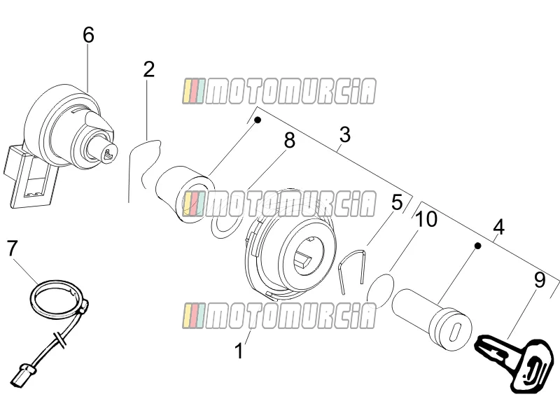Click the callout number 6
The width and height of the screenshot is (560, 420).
(x=88, y=36)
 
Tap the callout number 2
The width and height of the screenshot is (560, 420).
(x=149, y=69)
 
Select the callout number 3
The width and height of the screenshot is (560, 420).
(x=345, y=134)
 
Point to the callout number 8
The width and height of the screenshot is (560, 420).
(x=290, y=140)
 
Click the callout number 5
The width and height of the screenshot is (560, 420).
(x=397, y=202)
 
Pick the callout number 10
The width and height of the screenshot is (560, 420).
(x=426, y=219)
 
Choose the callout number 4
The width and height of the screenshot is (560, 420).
(x=499, y=227)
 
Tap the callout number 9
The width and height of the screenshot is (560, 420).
(x=540, y=280)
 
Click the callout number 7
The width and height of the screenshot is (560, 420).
(x=12, y=248)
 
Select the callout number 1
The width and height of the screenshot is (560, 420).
(x=239, y=351)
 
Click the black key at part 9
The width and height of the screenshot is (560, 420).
(x=514, y=363)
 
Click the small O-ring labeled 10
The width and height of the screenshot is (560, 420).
(x=381, y=290)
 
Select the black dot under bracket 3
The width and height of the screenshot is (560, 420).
(x=257, y=120)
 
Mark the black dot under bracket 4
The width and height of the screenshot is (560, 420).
(x=477, y=246)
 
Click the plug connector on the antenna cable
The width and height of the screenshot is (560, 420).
(x=22, y=375)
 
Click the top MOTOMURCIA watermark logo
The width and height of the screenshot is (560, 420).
(x=279, y=91)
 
